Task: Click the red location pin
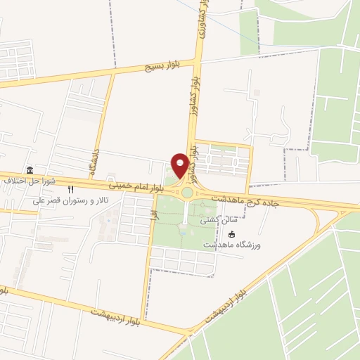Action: [180, 165]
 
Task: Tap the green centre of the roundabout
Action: [187, 193]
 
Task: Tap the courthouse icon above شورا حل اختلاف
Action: [30, 171]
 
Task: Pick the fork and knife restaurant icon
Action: [70, 190]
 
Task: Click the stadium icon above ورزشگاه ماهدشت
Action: [232, 234]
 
